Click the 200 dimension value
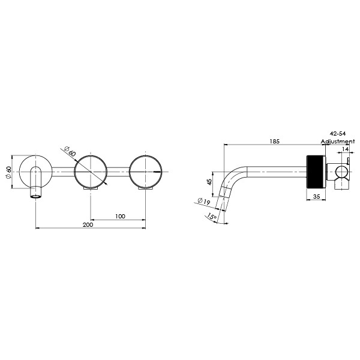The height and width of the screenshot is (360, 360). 88,224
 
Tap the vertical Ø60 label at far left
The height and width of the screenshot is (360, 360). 8,173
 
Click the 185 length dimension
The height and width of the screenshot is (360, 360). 275,142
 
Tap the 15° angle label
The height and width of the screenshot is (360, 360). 211,217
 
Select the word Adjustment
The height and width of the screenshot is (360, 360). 338,142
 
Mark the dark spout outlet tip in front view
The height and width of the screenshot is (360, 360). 37,196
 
